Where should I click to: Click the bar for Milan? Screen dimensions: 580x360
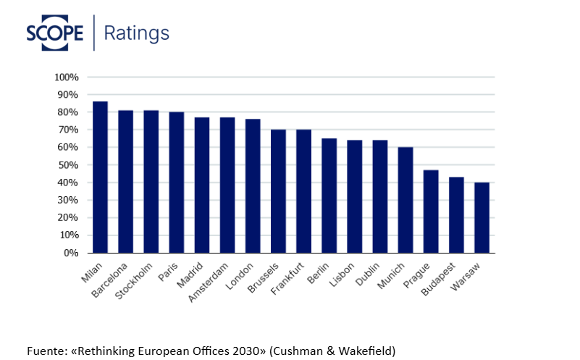click(x=100, y=177)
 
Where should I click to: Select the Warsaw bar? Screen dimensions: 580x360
click(x=482, y=217)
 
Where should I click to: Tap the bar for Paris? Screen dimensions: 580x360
click(x=177, y=183)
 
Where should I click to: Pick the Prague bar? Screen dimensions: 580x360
click(x=431, y=212)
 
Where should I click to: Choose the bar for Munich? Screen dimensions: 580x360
click(x=405, y=200)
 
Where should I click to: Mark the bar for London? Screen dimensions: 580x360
click(x=253, y=186)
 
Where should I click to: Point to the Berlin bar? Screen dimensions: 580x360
click(x=329, y=196)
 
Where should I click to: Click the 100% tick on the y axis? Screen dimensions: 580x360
click(x=67, y=78)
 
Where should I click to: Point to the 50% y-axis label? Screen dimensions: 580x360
click(x=68, y=165)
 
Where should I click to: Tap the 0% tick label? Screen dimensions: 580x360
click(x=71, y=253)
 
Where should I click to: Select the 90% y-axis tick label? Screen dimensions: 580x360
click(x=68, y=95)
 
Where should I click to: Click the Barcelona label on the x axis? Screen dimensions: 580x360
click(x=109, y=280)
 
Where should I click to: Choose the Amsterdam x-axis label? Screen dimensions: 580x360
click(x=209, y=282)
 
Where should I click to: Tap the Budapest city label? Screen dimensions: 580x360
click(x=438, y=279)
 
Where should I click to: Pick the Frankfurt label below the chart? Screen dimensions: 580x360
click(x=287, y=279)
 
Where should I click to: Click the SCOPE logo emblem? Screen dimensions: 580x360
click(x=55, y=33)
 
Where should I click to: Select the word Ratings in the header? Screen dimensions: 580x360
click(x=137, y=33)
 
